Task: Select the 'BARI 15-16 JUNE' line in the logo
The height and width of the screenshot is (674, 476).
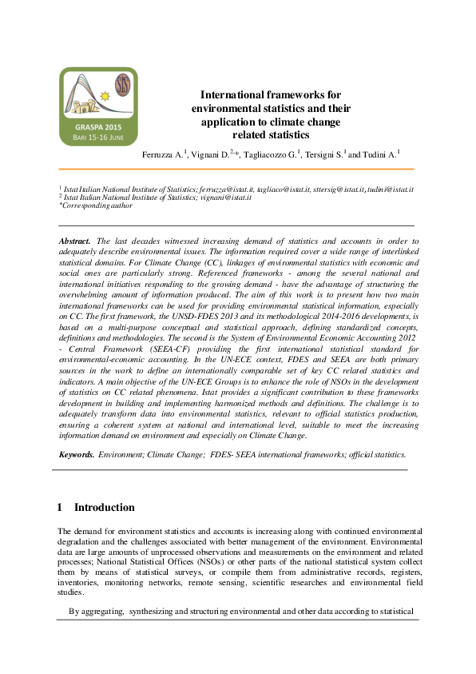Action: [98, 137]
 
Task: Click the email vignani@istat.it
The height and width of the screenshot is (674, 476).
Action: [228, 197]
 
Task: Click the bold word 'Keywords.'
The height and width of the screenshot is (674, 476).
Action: [77, 454]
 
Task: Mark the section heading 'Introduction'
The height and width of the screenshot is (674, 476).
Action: [104, 508]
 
